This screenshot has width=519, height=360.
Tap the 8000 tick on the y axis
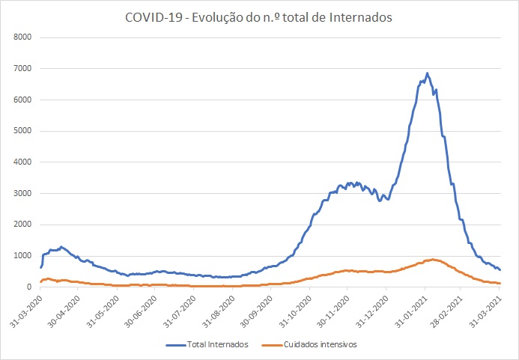(x=22, y=37)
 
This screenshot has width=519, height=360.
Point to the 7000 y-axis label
(x=22, y=68)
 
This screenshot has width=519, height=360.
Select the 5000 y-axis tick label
(x=22, y=130)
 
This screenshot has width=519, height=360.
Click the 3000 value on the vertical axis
(x=22, y=193)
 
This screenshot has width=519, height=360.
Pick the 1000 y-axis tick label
(x=22, y=255)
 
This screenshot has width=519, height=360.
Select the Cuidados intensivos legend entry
(x=303, y=345)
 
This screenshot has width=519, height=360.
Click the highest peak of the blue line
(x=427, y=73)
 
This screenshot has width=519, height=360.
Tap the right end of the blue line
(x=500, y=269)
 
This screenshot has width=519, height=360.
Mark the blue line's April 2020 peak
(x=61, y=246)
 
